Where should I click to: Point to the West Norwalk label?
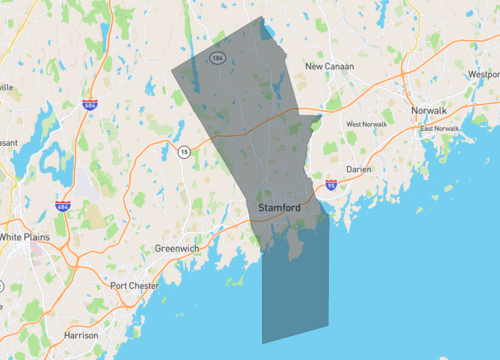pyautogui.click(x=366, y=124)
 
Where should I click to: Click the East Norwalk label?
pyautogui.click(x=440, y=129)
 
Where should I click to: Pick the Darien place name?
pyautogui.click(x=358, y=170)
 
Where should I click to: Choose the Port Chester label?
pyautogui.click(x=135, y=286)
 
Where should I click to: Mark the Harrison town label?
pyautogui.click(x=80, y=335)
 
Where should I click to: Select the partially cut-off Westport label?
pyautogui.click(x=484, y=74)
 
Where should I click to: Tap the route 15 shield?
pyautogui.click(x=184, y=152)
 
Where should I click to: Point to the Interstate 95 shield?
pyautogui.click(x=331, y=185)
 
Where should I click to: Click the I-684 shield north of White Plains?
pyautogui.click(x=63, y=206)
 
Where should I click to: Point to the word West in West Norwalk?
pyautogui.click(x=354, y=124)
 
